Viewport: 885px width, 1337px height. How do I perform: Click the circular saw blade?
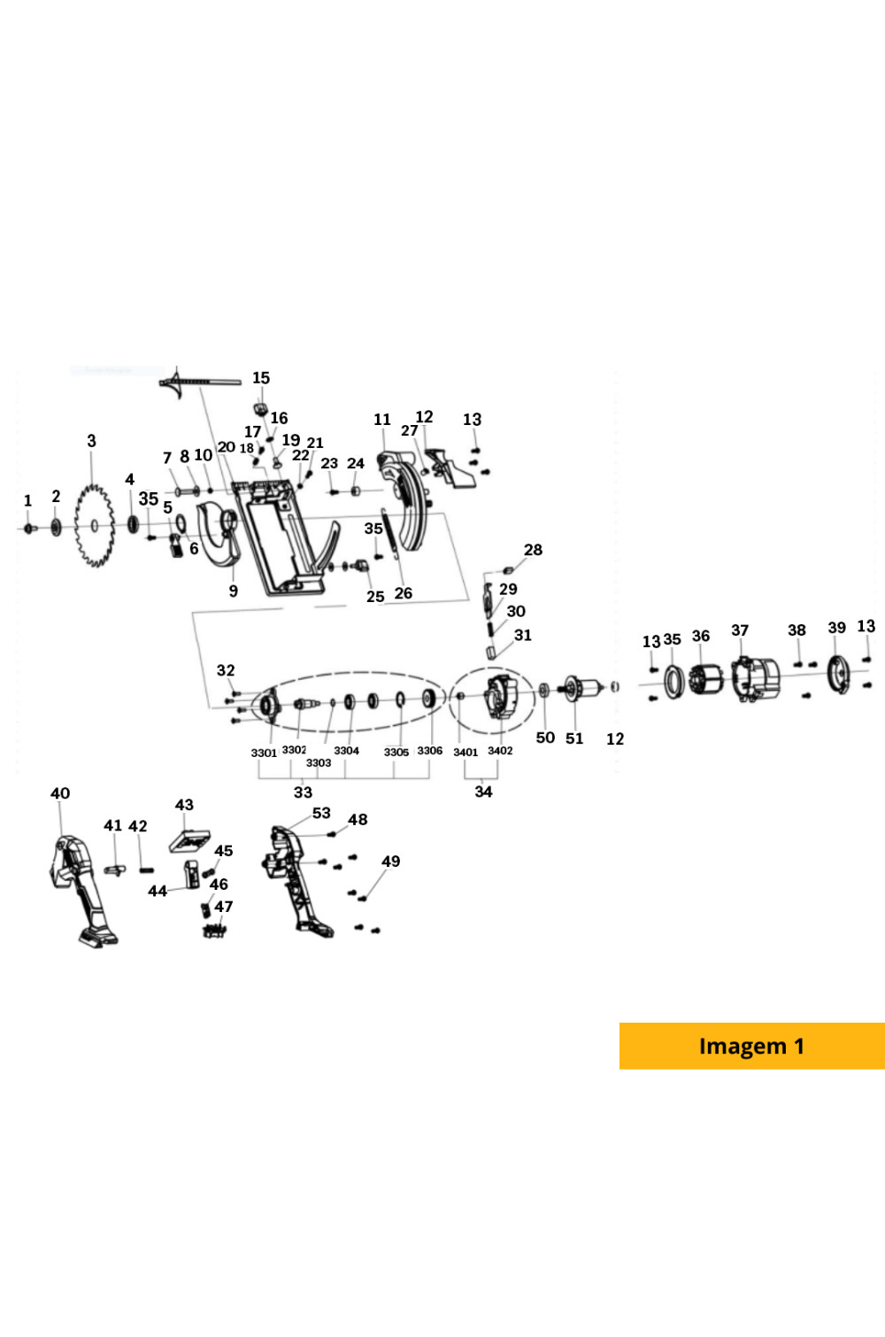click(94, 526)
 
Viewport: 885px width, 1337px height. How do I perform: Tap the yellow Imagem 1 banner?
click(751, 1046)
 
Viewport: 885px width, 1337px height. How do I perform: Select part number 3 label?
click(91, 441)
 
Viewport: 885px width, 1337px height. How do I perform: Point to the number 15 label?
click(261, 378)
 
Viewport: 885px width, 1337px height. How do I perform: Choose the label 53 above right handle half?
click(321, 813)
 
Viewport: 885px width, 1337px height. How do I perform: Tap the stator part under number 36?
click(705, 679)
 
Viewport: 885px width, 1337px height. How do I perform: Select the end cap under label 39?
click(836, 675)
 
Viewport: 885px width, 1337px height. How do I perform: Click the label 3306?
click(430, 751)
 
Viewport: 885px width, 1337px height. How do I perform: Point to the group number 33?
click(303, 792)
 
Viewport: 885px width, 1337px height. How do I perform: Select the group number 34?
click(483, 792)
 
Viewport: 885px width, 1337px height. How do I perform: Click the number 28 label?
click(533, 550)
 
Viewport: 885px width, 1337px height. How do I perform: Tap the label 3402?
click(500, 751)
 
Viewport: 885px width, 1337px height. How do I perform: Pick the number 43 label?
click(184, 805)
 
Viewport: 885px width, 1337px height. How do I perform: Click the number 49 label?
click(390, 862)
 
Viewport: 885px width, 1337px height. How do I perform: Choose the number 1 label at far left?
click(27, 501)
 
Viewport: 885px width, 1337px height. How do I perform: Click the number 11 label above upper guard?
click(382, 420)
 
